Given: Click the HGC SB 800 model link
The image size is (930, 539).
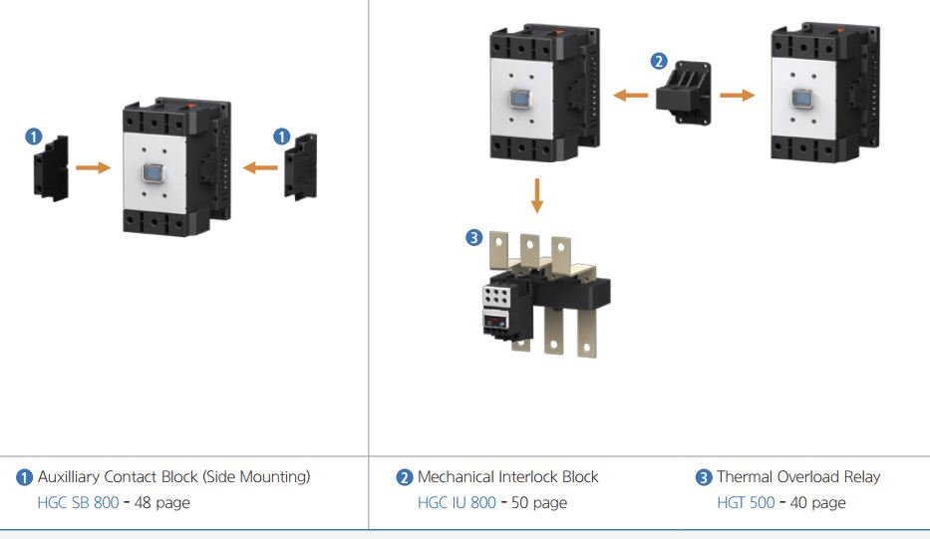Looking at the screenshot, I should pos(78,502).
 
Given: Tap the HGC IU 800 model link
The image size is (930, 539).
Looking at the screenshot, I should pos(457,502).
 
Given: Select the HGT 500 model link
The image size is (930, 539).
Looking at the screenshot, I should pos(746,502).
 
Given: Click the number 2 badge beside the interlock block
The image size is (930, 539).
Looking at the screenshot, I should pos(658,61).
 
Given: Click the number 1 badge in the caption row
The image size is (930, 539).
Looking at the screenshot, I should pos(25,477).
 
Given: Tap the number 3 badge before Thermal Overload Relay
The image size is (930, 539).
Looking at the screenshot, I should pos(704,477).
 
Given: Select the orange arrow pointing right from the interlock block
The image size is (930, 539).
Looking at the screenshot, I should pos(737,96).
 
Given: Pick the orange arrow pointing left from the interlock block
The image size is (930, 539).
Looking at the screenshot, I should pos(630,96).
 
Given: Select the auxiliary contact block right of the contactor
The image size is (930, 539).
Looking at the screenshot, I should pos(301,166).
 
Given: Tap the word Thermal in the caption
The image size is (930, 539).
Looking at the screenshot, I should pos(747,477).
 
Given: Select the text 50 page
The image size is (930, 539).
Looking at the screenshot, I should pos(538,502).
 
